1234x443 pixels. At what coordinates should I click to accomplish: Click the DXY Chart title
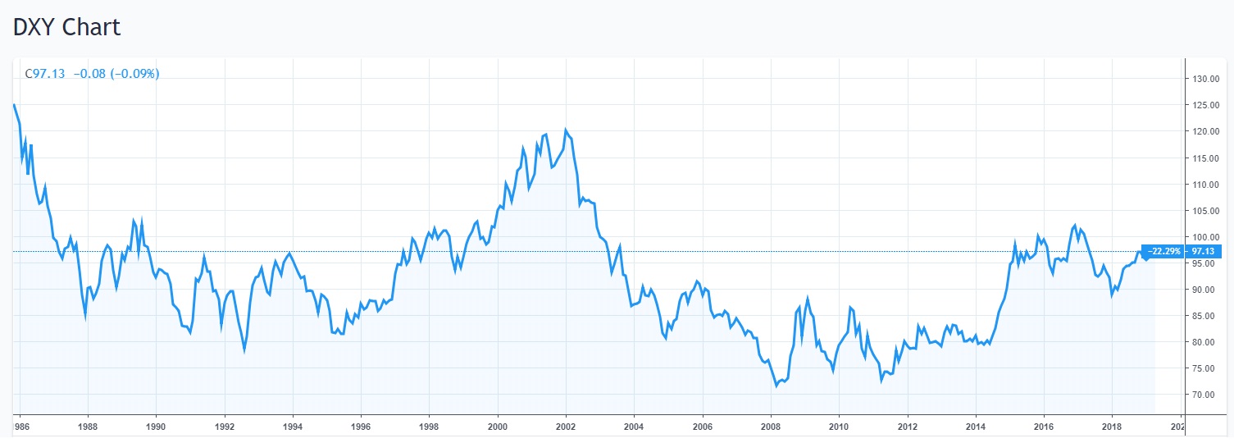click(66, 27)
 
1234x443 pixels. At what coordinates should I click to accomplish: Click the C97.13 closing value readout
click(44, 74)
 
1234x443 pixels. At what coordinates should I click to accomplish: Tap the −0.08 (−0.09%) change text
click(116, 74)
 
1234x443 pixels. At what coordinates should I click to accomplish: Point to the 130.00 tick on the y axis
click(1205, 80)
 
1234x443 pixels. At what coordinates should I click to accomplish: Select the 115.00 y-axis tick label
click(1205, 158)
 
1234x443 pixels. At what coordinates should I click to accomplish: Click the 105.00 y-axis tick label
click(1205, 211)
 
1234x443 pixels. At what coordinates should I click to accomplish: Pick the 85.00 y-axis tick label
click(1205, 316)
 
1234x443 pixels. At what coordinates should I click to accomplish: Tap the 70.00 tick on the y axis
click(1205, 395)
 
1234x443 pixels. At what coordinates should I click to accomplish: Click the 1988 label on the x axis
click(89, 427)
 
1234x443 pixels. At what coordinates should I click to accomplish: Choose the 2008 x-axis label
click(770, 427)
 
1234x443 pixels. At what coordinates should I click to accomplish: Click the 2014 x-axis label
click(975, 427)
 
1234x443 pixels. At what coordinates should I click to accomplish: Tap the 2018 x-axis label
click(1111, 427)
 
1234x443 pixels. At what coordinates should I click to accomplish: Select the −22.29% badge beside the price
click(1164, 251)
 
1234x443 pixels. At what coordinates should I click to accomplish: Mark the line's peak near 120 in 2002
click(566, 130)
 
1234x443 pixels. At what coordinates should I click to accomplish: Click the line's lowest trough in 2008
click(776, 386)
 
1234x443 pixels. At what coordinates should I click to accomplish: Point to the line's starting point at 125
click(14, 105)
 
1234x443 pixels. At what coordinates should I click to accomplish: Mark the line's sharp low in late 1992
click(244, 350)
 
